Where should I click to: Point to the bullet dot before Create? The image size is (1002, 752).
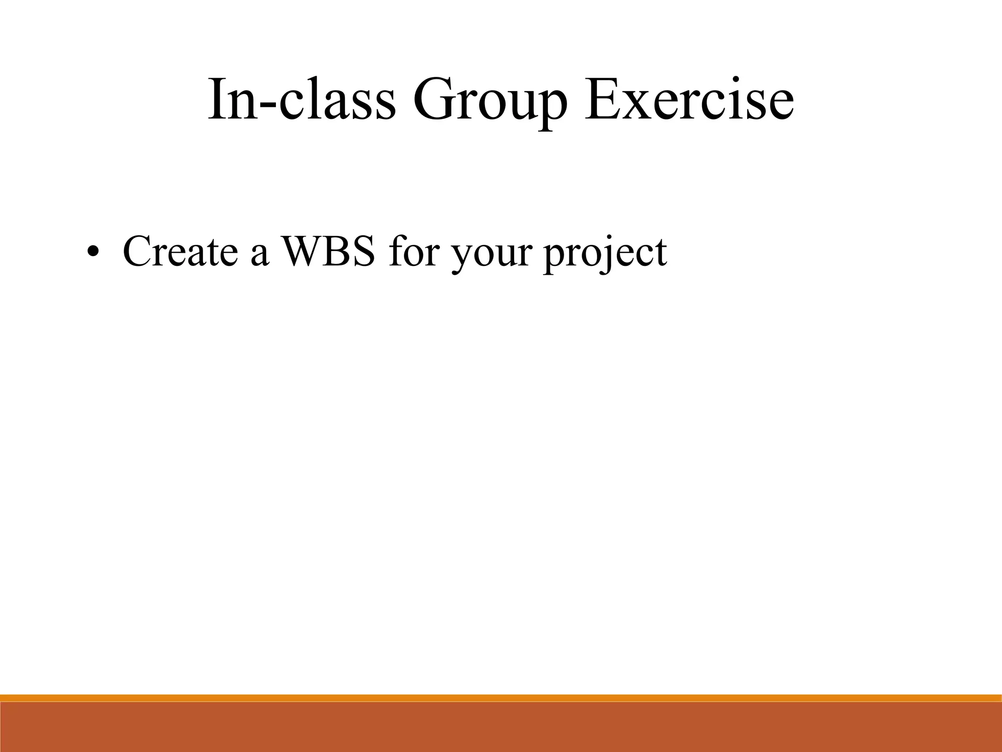point(92,253)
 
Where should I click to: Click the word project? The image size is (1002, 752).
point(605,255)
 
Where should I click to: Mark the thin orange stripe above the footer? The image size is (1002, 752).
point(501,698)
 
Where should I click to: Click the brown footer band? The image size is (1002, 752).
point(501,727)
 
